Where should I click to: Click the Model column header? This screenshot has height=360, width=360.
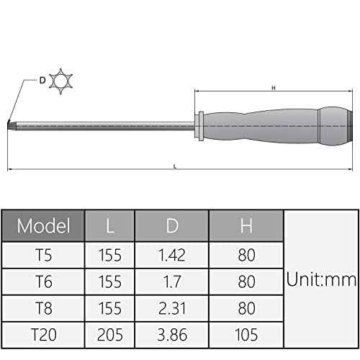pos(44,226)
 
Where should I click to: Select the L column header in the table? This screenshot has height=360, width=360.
pos(109,226)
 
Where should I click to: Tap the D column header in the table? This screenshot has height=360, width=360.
pos(171,226)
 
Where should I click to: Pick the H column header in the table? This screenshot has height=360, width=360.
pos(246,226)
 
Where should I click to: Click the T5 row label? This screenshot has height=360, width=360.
pos(44,254)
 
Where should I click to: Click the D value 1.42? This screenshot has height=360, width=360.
pos(171,254)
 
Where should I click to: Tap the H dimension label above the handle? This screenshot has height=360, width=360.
pos(273,88)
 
